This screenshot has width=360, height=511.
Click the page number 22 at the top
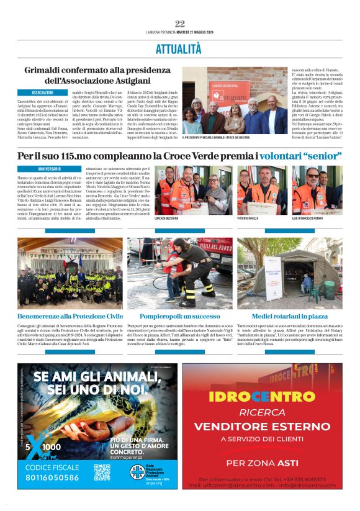pyautogui.click(x=179, y=24)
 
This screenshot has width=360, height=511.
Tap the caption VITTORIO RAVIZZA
pyautogui.click(x=250, y=219)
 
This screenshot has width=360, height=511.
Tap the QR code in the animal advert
pyautogui.click(x=102, y=472)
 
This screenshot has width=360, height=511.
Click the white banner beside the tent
pyautogui.click(x=273, y=272)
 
